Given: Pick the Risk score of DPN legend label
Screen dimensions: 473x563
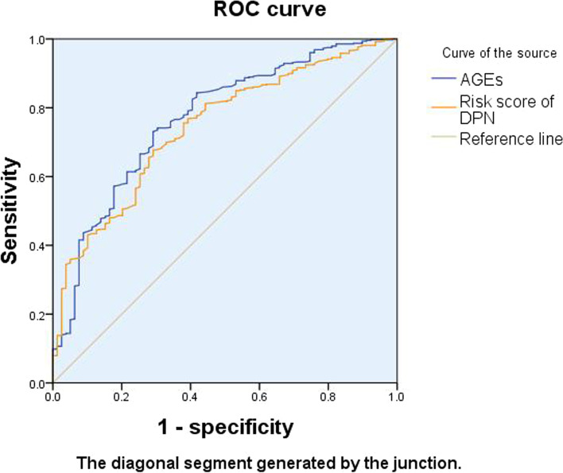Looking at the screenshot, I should coord(498,108).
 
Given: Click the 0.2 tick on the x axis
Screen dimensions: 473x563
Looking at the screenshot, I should coord(121,395).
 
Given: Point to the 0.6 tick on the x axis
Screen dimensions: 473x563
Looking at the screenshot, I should coord(258,395).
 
